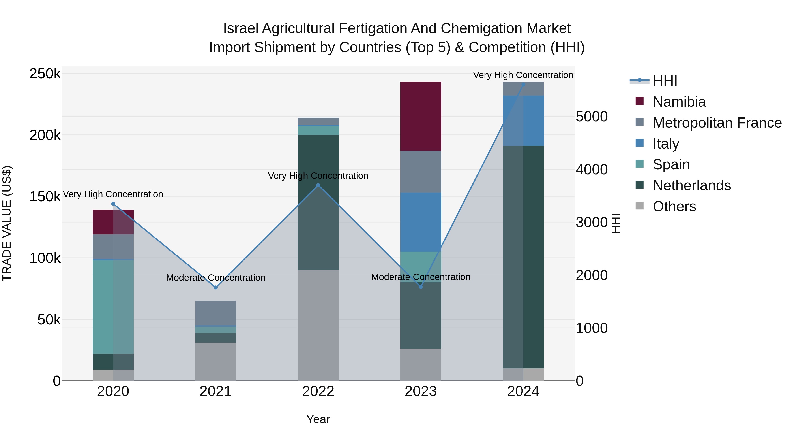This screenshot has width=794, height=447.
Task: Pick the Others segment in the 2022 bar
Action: pyautogui.click(x=318, y=325)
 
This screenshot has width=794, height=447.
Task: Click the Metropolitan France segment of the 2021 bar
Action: pyautogui.click(x=215, y=313)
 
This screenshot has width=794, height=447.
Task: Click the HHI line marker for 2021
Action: pyautogui.click(x=215, y=287)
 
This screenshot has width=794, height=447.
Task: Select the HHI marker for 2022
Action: pyautogui.click(x=318, y=185)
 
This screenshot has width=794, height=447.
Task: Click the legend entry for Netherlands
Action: pyautogui.click(x=691, y=185)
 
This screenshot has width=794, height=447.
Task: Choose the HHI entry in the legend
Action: pyautogui.click(x=665, y=81)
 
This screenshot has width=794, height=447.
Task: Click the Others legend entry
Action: pyautogui.click(x=674, y=206)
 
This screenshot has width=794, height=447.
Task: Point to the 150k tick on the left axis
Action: pyautogui.click(x=45, y=196)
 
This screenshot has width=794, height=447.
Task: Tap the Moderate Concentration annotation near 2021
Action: pyautogui.click(x=215, y=278)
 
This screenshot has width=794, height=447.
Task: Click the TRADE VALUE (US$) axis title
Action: pyautogui.click(x=7, y=223)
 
